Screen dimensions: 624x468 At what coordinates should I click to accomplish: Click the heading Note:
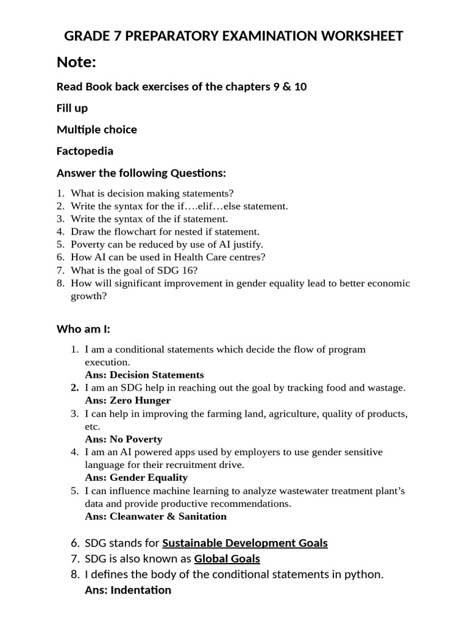coord(77,62)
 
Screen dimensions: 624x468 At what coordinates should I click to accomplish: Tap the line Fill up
coord(72,108)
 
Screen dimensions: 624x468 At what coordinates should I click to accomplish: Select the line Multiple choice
coord(96,129)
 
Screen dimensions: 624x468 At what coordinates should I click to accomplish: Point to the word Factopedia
coord(85,151)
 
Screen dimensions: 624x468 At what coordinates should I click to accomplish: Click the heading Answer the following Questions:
coord(141,173)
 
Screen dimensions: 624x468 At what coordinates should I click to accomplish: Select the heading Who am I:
coord(83,329)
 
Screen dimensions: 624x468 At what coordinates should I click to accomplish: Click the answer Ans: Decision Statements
coord(144,375)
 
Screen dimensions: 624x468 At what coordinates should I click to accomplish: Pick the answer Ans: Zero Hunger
coord(128,400)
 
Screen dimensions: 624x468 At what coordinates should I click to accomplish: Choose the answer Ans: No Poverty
coord(124,439)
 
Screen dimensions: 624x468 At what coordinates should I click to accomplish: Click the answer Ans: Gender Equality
coord(136,477)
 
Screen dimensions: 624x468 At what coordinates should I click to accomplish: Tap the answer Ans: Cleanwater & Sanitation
coord(156,516)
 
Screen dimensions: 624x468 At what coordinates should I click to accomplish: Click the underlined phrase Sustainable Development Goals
coord(245,542)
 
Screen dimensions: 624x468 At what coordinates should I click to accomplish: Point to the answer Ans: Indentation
coord(128,590)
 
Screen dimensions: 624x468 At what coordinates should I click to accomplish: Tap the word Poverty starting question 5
coord(88,244)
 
